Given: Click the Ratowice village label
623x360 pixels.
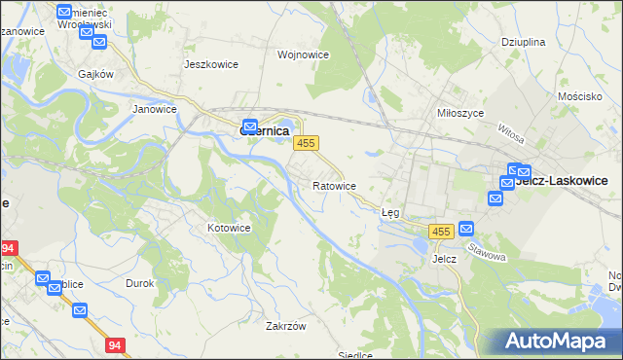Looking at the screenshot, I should pyautogui.click(x=335, y=185).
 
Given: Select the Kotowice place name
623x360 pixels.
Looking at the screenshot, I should pyautogui.click(x=230, y=228).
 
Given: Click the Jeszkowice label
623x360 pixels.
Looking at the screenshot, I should pyautogui.click(x=211, y=64).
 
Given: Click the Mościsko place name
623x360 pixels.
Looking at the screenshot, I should pyautogui.click(x=583, y=98).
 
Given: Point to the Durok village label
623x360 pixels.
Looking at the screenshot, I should pyautogui.click(x=140, y=283).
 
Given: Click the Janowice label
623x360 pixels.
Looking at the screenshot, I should pyautogui.click(x=154, y=109).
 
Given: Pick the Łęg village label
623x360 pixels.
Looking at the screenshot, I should pyautogui.click(x=390, y=211).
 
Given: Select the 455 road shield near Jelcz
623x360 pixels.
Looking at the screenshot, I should pyautogui.click(x=441, y=231).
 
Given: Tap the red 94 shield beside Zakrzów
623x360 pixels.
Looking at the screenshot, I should pyautogui.click(x=116, y=344).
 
